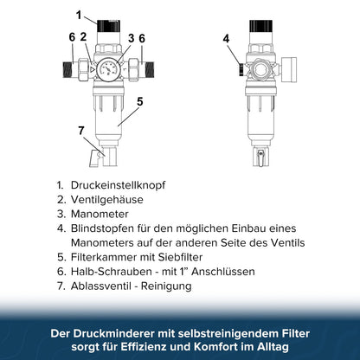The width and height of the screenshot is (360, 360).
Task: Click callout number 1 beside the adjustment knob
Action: pos(79,15)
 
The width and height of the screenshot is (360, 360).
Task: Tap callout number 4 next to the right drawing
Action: pos(226,38)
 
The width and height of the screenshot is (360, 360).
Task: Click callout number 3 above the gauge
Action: pos(131,37)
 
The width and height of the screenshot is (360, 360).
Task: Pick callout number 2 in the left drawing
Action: pos(83,37)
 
